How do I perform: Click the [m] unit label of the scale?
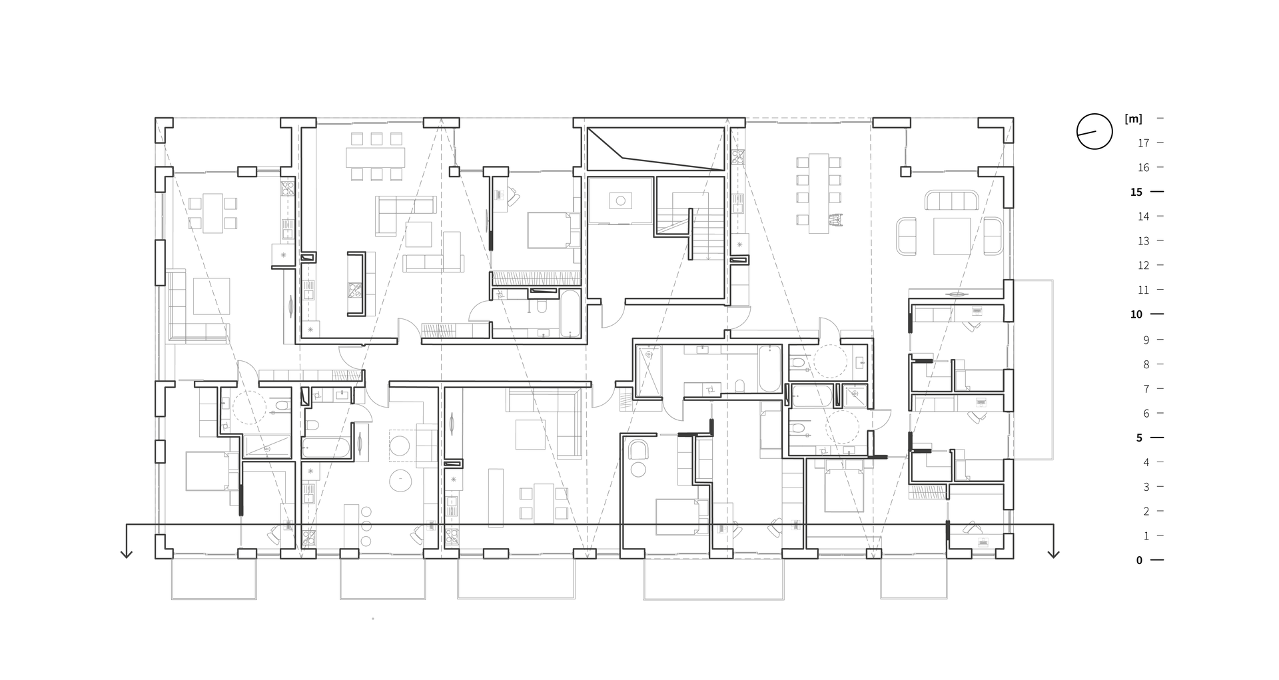(1133, 119)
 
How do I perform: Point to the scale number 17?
(1143, 143)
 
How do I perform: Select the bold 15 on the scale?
(1136, 192)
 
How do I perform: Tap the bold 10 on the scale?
(1136, 314)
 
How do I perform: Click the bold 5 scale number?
(1139, 438)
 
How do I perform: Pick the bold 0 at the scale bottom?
(1139, 561)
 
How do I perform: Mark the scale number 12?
(1143, 266)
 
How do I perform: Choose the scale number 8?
(1146, 364)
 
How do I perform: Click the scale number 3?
(1146, 487)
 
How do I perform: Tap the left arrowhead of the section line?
(127, 553)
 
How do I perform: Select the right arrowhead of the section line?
(1053, 553)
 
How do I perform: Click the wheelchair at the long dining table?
(835, 218)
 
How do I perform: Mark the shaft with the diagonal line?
(655, 149)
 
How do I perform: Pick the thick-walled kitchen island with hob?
(356, 283)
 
